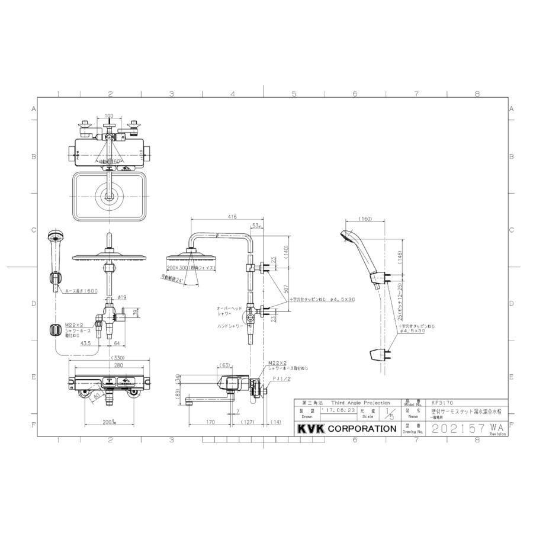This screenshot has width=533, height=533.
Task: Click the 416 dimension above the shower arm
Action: coord(232,217)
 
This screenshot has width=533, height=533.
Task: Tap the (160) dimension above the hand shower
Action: coord(364,220)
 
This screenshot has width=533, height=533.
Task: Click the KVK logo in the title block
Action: coord(311,428)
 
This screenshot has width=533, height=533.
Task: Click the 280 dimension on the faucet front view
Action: coord(111,365)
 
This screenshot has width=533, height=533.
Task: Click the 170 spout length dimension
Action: coord(210,422)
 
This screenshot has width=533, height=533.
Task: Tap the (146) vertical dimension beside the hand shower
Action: coord(400,256)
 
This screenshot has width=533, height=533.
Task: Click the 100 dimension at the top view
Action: coord(108,116)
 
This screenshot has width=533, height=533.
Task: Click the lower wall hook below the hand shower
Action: coord(377,355)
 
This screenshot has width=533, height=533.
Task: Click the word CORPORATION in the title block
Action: coord(362,428)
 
